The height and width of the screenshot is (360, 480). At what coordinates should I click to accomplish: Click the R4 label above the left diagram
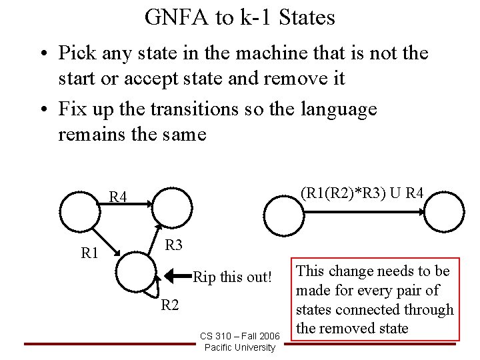(119, 197)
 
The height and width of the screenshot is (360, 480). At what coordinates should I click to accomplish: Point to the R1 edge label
(90, 253)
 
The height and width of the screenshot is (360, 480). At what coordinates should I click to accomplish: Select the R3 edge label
(174, 245)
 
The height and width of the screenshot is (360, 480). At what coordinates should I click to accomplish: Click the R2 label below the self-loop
(171, 305)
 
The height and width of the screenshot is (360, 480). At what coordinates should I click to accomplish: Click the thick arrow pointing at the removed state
(177, 274)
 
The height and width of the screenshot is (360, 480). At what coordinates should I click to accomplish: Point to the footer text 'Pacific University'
(239, 347)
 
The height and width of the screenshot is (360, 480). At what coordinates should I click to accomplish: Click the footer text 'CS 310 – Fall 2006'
(239, 335)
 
